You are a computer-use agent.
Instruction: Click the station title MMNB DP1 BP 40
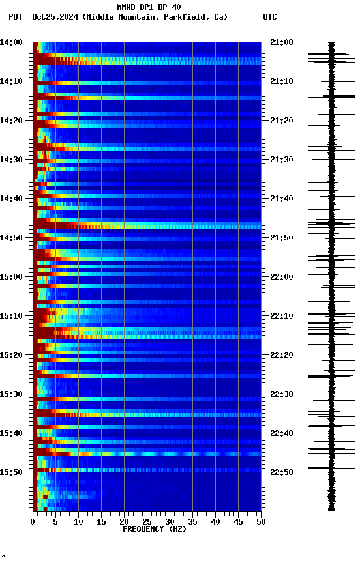(x=149, y=7)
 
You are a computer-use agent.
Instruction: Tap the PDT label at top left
(x=16, y=17)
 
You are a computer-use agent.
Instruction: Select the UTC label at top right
(x=270, y=17)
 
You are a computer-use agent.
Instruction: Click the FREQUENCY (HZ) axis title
(x=155, y=529)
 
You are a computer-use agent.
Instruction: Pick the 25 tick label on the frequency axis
(x=147, y=521)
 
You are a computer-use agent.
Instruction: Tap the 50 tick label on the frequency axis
(x=261, y=521)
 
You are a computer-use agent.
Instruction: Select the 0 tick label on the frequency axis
(x=33, y=521)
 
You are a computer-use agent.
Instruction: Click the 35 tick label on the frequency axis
(x=192, y=521)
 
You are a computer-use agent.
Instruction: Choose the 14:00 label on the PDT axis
(x=11, y=42)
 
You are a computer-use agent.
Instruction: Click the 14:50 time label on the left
(x=11, y=238)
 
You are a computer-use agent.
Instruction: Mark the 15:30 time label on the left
(x=11, y=394)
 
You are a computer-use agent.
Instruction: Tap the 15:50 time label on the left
(x=11, y=472)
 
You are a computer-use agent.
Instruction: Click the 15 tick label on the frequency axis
(x=101, y=521)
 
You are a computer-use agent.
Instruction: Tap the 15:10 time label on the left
(x=11, y=316)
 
